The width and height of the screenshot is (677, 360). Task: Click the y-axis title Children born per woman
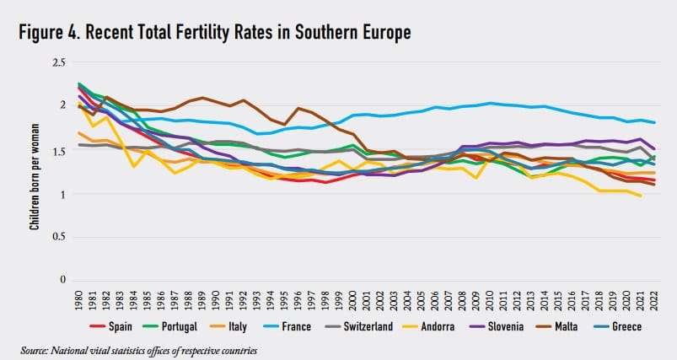point(35,171)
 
